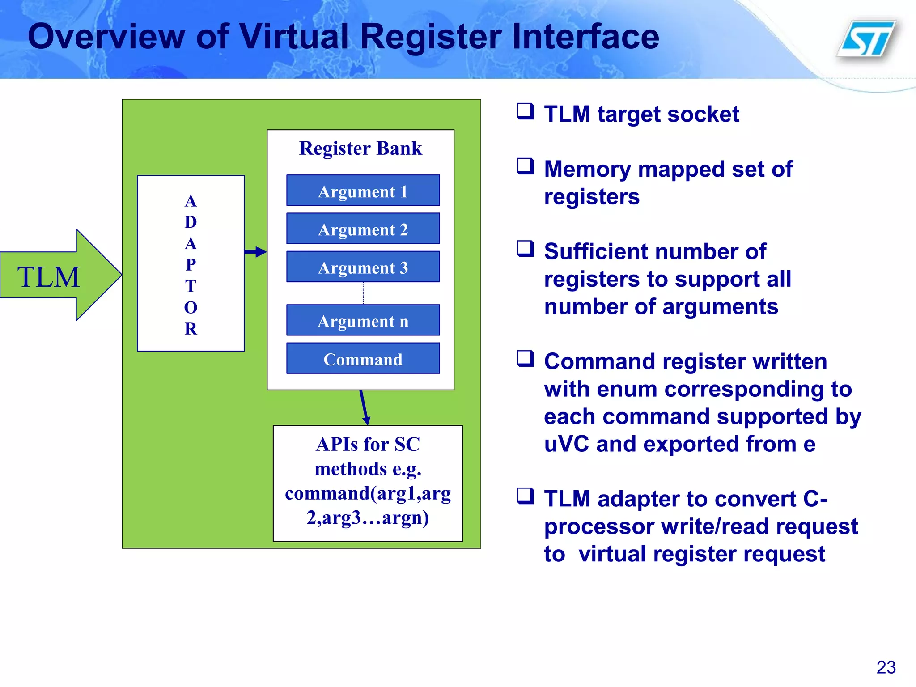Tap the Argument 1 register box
pyautogui.click(x=363, y=191)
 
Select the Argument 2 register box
pyautogui.click(x=363, y=229)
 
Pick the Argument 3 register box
pyautogui.click(x=363, y=267)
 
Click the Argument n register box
pyautogui.click(x=363, y=321)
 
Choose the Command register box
pyautogui.click(x=363, y=359)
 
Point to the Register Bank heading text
pyautogui.click(x=360, y=148)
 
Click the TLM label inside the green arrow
pyautogui.click(x=48, y=277)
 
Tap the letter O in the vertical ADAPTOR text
pyautogui.click(x=191, y=307)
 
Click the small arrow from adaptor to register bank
pyautogui.click(x=255, y=252)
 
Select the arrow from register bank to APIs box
pyautogui.click(x=364, y=407)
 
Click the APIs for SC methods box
pyautogui.click(x=368, y=483)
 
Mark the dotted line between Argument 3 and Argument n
pyautogui.click(x=363, y=293)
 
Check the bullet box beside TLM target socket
pyautogui.click(x=525, y=111)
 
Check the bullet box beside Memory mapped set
pyautogui.click(x=525, y=166)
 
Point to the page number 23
pyautogui.click(x=886, y=667)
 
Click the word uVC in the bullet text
pyautogui.click(x=566, y=444)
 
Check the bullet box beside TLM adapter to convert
pyautogui.click(x=525, y=496)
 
